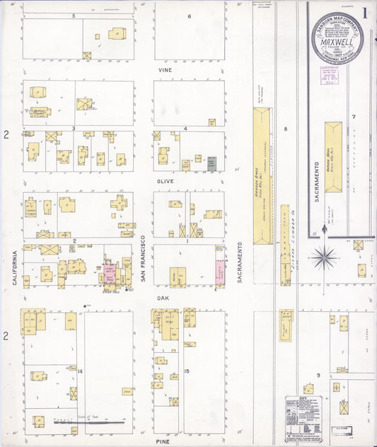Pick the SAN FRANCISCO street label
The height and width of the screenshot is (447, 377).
pyautogui.click(x=143, y=260)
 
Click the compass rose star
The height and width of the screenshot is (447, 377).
pyautogui.click(x=324, y=257)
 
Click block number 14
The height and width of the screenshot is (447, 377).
pyautogui.click(x=81, y=371)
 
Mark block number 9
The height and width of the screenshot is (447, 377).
pyautogui.click(x=318, y=374)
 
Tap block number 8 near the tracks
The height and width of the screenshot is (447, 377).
pyautogui.click(x=286, y=129)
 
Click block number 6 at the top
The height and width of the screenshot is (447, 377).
pyautogui.click(x=189, y=16)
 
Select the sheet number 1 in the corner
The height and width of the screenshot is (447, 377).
pyautogui.click(x=365, y=12)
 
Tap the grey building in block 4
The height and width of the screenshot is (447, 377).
pyautogui.click(x=211, y=165)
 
